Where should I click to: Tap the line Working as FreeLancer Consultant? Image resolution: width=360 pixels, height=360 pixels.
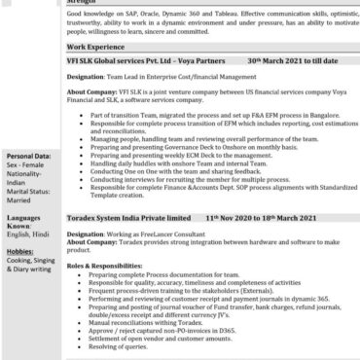(151, 235)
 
